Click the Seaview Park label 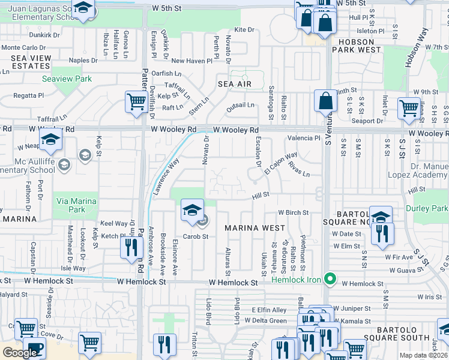coord(66,79)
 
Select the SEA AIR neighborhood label coord(234,84)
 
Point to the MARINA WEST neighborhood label coord(255,228)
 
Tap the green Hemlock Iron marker coord(329,279)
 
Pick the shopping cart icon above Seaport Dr coord(409,108)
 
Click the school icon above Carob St coord(192,209)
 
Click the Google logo coord(20,353)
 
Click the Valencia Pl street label coord(304,138)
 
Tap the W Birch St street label coord(293,212)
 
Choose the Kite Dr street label coord(244,29)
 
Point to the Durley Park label coord(432,209)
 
